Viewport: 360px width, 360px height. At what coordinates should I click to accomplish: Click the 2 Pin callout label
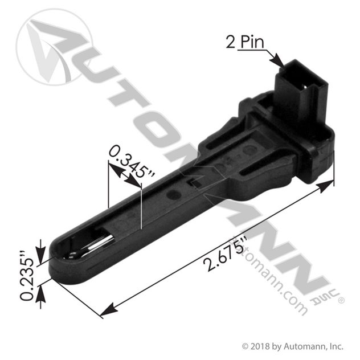click(245, 42)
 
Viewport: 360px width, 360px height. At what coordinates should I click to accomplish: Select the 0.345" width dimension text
click(131, 161)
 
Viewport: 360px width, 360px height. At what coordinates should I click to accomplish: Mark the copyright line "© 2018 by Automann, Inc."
click(293, 346)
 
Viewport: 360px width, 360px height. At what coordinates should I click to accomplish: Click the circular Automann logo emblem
click(55, 47)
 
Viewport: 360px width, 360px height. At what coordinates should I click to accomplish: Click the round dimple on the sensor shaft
click(174, 195)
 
